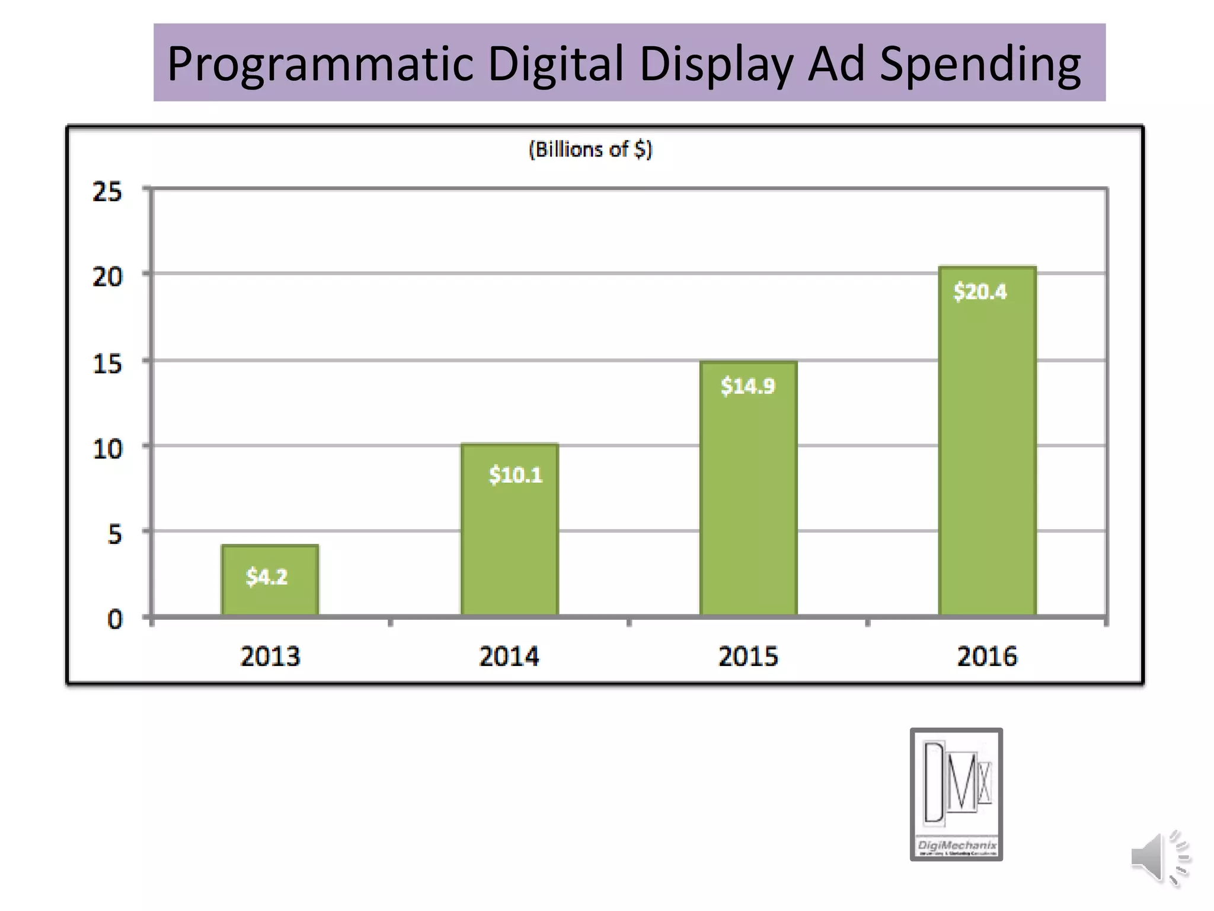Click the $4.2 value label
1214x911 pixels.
(x=267, y=576)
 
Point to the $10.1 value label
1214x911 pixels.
(x=515, y=475)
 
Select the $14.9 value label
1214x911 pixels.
(x=747, y=386)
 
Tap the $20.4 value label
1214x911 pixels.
(x=979, y=292)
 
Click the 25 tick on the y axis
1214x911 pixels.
(x=107, y=192)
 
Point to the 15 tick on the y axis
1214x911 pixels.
(x=107, y=364)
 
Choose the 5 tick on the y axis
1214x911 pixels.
(x=114, y=534)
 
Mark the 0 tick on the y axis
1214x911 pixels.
(x=114, y=620)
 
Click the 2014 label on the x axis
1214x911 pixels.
(x=509, y=657)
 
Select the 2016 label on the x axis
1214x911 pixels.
(x=987, y=657)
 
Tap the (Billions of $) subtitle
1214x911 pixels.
(x=590, y=149)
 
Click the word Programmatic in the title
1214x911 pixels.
(x=320, y=64)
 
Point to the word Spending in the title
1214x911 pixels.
(x=980, y=64)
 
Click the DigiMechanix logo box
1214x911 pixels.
(x=956, y=794)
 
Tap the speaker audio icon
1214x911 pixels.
(x=1159, y=858)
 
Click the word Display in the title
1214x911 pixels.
(x=716, y=64)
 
